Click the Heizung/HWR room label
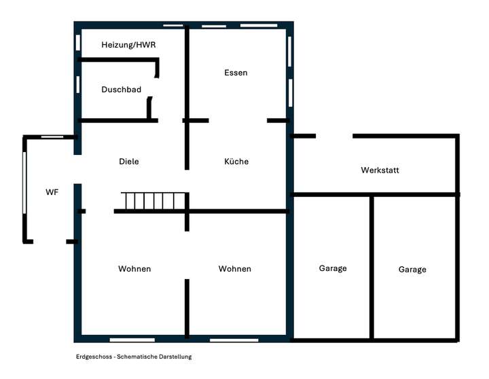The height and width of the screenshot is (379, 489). tap(128, 45)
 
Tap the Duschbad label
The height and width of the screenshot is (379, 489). tap(121, 90)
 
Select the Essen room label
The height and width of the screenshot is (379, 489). tap(236, 73)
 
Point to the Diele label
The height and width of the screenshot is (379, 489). tap(128, 162)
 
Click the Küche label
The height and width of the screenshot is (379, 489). tap(236, 162)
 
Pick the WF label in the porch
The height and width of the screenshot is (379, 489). tap(52, 192)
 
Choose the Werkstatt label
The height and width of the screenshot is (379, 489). tap(380, 170)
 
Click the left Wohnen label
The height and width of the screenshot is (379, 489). tap(134, 269)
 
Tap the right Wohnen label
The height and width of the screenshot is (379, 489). tap(234, 269)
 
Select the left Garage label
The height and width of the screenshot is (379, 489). tap(333, 268)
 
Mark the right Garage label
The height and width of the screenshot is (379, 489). tap(412, 270)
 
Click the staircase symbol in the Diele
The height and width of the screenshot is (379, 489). tap(153, 202)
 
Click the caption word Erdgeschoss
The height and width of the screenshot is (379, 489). tap(94, 357)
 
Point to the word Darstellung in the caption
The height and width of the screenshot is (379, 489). tap(175, 357)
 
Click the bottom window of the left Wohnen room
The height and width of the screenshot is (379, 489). tap(132, 339)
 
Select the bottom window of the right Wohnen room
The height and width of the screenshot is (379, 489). tap(234, 339)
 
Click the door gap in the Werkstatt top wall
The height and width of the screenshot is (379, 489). tap(334, 137)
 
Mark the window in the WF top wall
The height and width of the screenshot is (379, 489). tap(52, 137)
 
